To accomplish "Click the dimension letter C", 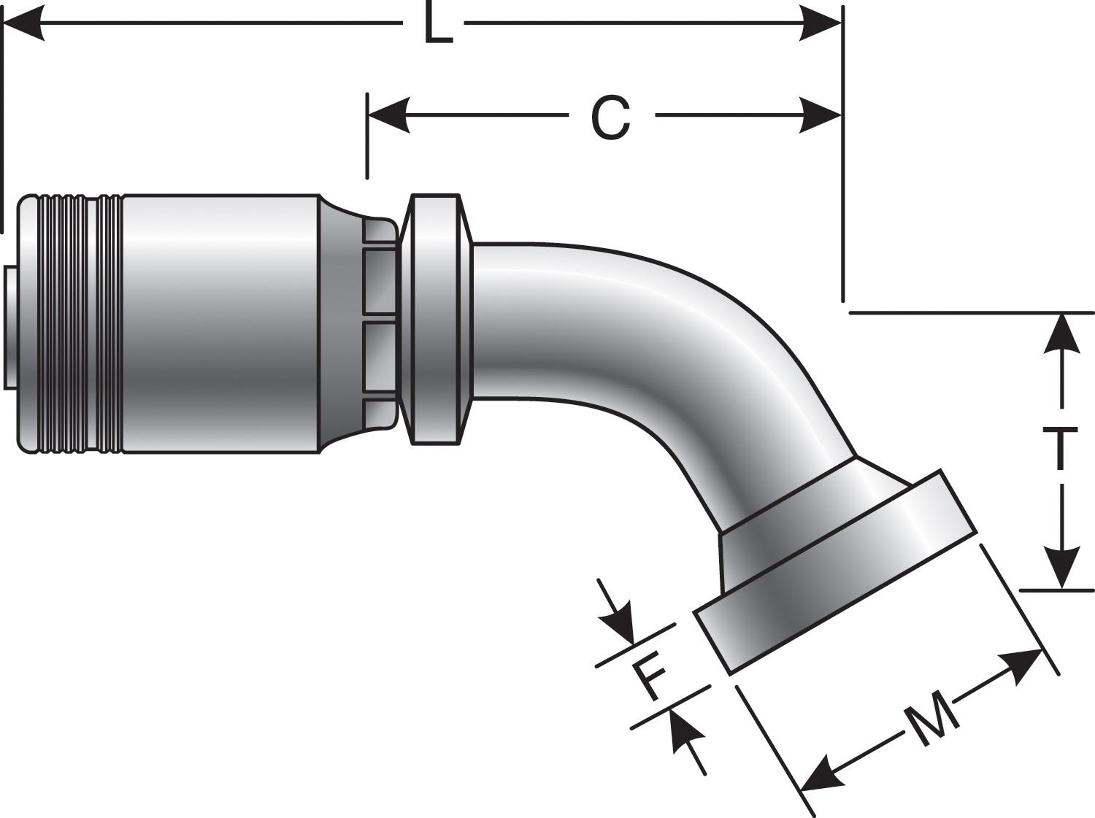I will point(610,118).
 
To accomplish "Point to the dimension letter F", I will point(649,677).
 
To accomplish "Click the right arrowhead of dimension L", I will point(821,25).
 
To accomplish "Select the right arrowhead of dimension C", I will point(821,115).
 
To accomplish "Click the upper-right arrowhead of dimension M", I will point(1022,665).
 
